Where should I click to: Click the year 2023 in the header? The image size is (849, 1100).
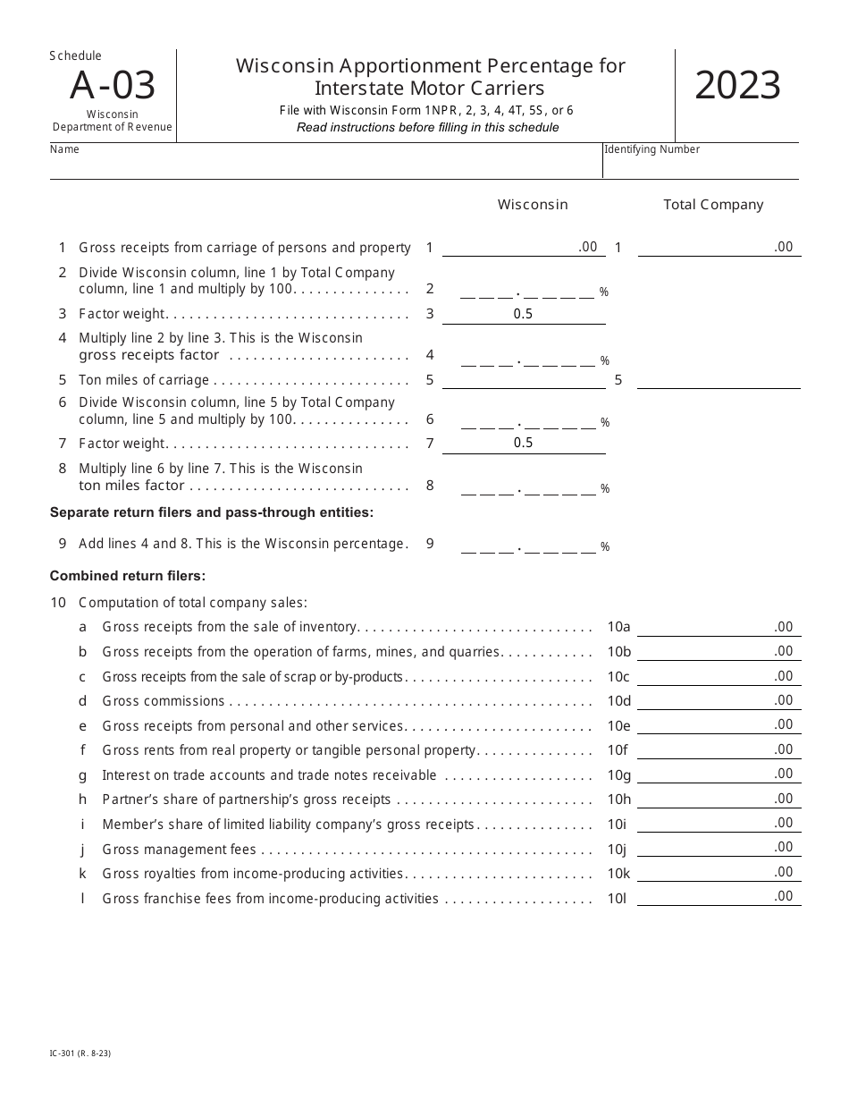click(x=737, y=86)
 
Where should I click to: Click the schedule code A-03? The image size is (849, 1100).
click(x=113, y=86)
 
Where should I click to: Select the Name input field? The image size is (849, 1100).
click(x=326, y=166)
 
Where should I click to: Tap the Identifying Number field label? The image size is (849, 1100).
click(x=652, y=149)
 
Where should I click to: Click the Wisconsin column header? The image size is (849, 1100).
click(x=533, y=205)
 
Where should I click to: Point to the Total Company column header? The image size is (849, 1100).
click(x=713, y=205)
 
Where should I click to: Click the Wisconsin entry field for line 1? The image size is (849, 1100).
click(x=523, y=248)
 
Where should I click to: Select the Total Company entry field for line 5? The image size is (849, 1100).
click(x=719, y=380)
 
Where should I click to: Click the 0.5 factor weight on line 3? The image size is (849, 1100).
click(x=523, y=314)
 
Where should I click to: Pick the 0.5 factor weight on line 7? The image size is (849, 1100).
click(x=523, y=444)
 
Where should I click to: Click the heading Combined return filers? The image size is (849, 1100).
click(x=128, y=576)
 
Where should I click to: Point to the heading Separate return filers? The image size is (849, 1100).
click(x=211, y=512)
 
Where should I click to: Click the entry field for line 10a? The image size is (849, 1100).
click(x=719, y=628)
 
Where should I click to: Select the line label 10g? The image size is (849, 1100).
click(x=618, y=775)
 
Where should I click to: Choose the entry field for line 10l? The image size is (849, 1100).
click(x=719, y=897)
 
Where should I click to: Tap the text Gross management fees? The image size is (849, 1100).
click(x=179, y=850)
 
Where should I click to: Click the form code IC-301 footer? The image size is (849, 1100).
click(x=80, y=1053)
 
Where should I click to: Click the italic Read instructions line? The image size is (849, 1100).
click(x=427, y=127)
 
